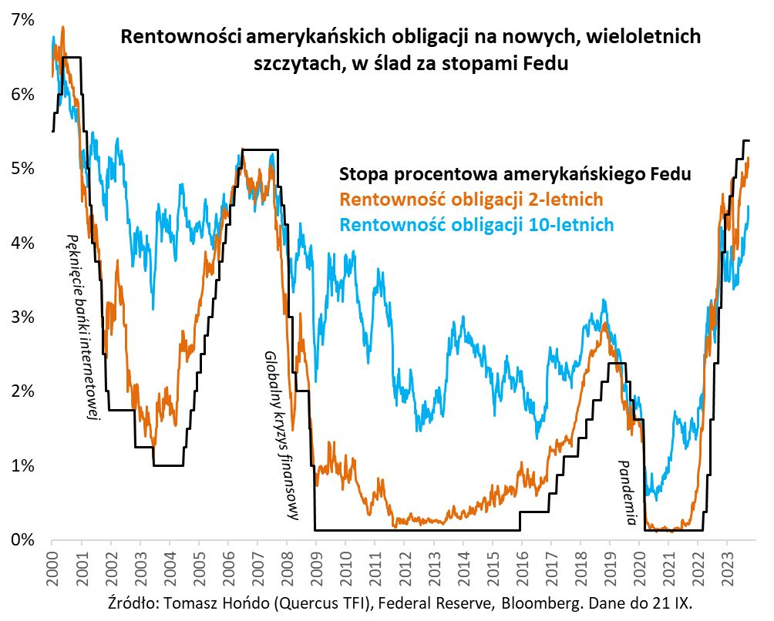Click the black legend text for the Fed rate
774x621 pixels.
[x=515, y=174]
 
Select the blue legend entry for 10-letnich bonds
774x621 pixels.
[x=476, y=225]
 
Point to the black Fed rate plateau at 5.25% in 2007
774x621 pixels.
[x=259, y=149]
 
